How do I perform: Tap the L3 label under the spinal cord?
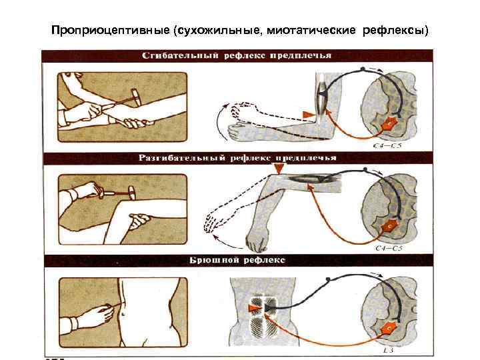click(387, 349)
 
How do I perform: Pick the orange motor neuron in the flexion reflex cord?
click(387, 124)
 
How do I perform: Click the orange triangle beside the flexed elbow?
click(307, 115)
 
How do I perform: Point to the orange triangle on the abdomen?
click(254, 307)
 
